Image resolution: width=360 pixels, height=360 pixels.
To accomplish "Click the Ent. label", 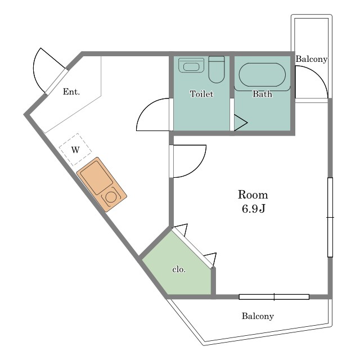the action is click(x=71, y=92).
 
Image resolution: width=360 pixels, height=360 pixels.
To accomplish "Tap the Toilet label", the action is click(x=201, y=94).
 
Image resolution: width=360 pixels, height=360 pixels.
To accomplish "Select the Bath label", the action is click(x=263, y=94).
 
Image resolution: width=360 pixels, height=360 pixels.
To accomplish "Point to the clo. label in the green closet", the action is click(x=179, y=269).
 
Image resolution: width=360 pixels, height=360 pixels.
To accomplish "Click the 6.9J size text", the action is click(x=254, y=209).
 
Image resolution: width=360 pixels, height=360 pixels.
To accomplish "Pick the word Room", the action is click(x=253, y=195).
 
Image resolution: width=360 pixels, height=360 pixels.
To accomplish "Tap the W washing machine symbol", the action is click(x=75, y=150).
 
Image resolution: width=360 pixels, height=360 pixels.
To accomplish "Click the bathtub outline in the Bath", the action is click(x=263, y=75).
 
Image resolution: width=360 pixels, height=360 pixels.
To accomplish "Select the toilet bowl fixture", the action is click(x=216, y=69).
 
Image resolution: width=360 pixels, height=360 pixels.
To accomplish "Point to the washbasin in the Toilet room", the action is click(x=191, y=65).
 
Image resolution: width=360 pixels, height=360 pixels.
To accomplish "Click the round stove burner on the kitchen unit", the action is click(x=111, y=197).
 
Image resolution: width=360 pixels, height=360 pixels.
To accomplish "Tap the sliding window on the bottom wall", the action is click(x=274, y=297).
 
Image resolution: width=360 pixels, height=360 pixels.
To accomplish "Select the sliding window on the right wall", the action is click(x=330, y=217).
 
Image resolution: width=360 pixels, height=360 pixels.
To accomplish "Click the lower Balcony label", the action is click(x=258, y=316).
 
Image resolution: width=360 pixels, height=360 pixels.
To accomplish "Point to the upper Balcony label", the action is click(x=311, y=59).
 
